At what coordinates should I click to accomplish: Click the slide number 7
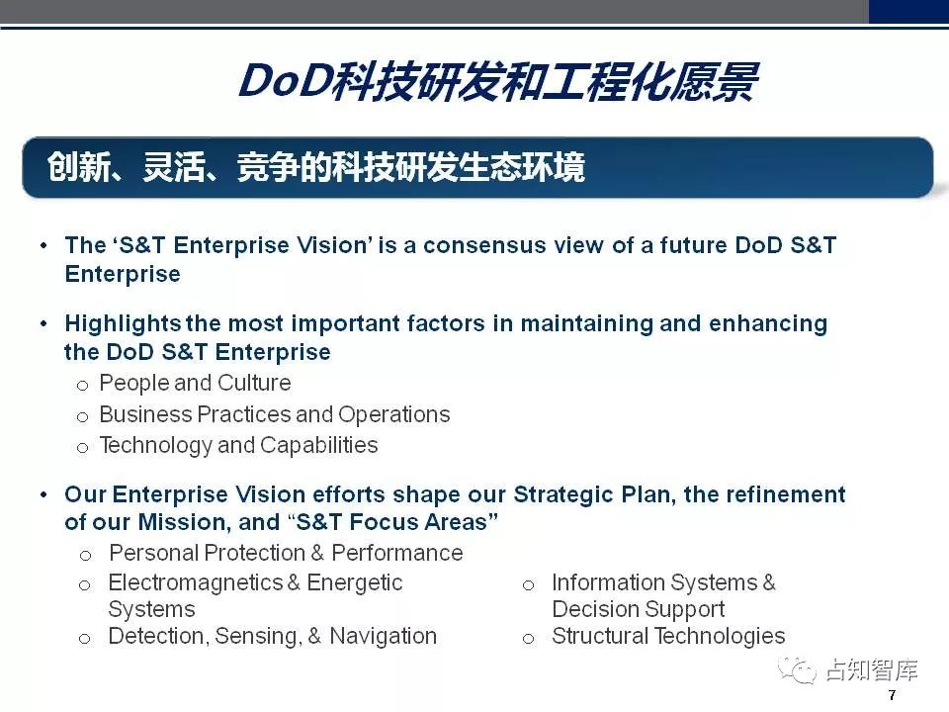[892, 695]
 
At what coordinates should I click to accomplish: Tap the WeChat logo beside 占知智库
[797, 670]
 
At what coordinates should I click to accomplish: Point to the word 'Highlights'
[123, 324]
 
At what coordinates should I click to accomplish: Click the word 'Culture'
[254, 383]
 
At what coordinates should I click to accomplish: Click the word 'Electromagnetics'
[196, 583]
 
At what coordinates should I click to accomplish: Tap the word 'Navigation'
[384, 636]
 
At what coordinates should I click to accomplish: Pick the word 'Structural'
[600, 636]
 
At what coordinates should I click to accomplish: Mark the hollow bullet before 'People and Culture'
[83, 386]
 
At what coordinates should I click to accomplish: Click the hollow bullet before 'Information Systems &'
[528, 585]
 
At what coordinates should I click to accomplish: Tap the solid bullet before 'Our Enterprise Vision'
[43, 494]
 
